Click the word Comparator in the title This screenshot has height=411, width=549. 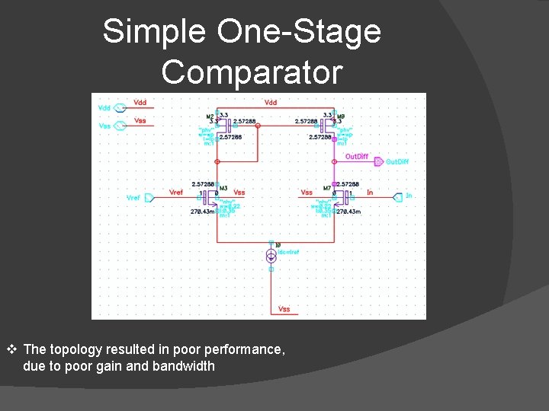pos(252,72)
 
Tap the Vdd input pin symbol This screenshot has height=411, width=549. pos(120,108)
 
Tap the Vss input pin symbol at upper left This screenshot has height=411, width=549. pos(120,126)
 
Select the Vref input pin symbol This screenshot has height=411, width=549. pos(149,198)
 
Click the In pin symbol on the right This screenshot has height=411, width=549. pos(397,197)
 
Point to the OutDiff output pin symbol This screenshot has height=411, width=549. pos(379,161)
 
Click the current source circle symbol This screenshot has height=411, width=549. pos(271,256)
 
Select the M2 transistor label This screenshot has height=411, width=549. pos(210,116)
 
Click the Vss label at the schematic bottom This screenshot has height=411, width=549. pos(284,309)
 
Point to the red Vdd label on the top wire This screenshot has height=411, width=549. pos(271,102)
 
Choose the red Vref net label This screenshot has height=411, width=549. pos(176,192)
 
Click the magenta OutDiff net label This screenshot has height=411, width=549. pos(356,156)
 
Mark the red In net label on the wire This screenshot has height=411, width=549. pos(370,192)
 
